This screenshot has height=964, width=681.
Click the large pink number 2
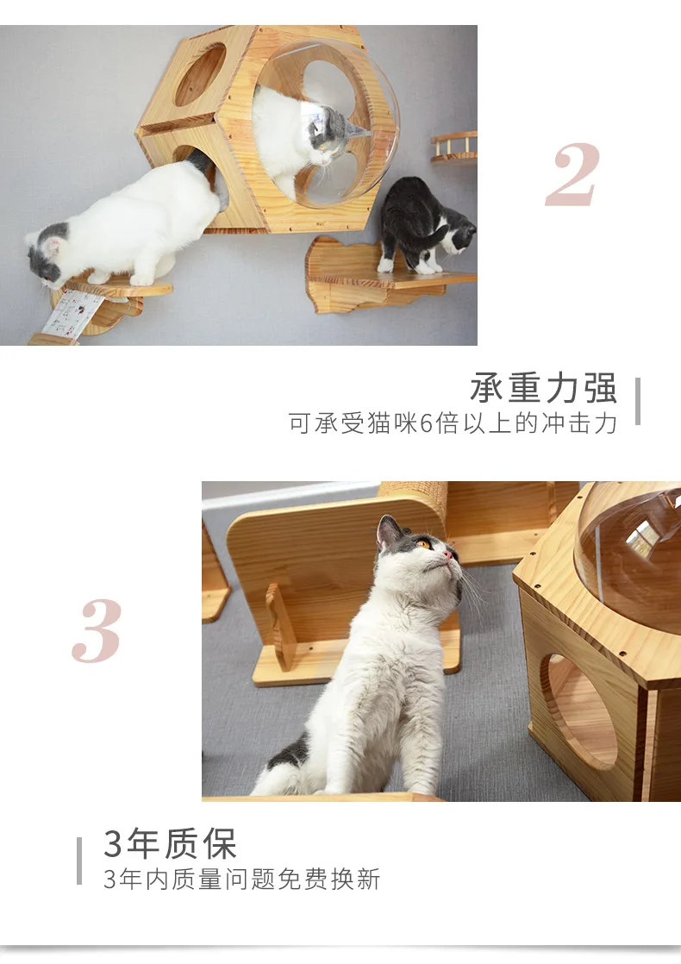pyautogui.click(x=572, y=175)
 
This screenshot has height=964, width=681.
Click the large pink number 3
pyautogui.click(x=97, y=630)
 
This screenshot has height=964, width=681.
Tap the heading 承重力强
pyautogui.click(x=543, y=388)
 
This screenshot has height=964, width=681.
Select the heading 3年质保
pyautogui.click(x=171, y=843)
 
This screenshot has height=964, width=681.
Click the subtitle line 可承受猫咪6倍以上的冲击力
pyautogui.click(x=453, y=423)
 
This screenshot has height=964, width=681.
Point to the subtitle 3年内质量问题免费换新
pyautogui.click(x=242, y=879)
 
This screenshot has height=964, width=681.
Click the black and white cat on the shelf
pyautogui.click(x=425, y=225)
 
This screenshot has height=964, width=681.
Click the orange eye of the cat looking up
pyautogui.click(x=423, y=544)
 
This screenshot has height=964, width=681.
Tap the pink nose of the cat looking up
pyautogui.click(x=448, y=555)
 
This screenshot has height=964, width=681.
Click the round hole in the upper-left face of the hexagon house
pyautogui.click(x=200, y=75)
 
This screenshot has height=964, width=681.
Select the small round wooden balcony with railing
pyautogui.click(x=455, y=147)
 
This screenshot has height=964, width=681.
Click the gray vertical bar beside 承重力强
pyautogui.click(x=637, y=402)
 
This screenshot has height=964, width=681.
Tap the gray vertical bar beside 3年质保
pyautogui.click(x=79, y=861)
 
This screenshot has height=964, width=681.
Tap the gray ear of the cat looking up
pyautogui.click(x=388, y=532)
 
